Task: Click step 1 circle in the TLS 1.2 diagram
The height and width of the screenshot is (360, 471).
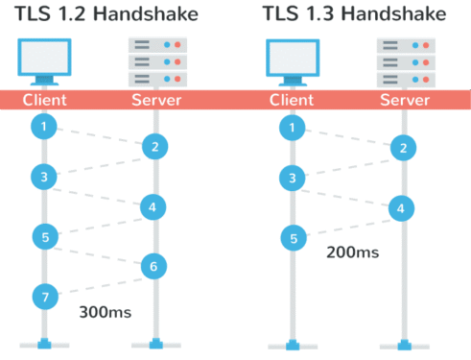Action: click(x=42, y=125)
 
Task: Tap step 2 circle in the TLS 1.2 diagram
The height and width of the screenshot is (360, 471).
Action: click(x=153, y=147)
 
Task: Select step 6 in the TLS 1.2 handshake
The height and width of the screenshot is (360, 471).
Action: click(x=153, y=265)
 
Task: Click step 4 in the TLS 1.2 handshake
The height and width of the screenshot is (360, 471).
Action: click(x=153, y=205)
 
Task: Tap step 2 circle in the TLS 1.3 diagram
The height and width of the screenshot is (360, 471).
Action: click(x=404, y=147)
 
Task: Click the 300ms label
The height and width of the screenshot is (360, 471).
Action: click(x=106, y=313)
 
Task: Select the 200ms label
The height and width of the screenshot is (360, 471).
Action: click(x=351, y=253)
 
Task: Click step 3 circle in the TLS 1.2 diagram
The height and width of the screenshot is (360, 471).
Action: click(x=42, y=177)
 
